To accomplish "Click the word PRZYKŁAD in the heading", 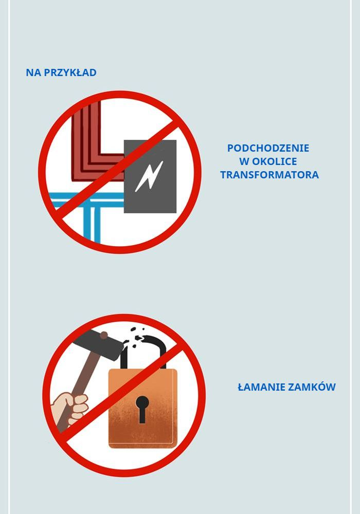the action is pos(70,72).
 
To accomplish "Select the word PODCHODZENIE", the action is pos(268,148).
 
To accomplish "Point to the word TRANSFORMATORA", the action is pos(269,175).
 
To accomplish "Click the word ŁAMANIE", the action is pos(257,387).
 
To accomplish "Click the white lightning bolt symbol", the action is pos(149,176).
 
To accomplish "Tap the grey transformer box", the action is pos(150,176).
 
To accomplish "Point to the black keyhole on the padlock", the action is pos(142,409).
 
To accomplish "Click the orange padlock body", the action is pos(143,409).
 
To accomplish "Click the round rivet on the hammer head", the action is pos(103,335).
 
